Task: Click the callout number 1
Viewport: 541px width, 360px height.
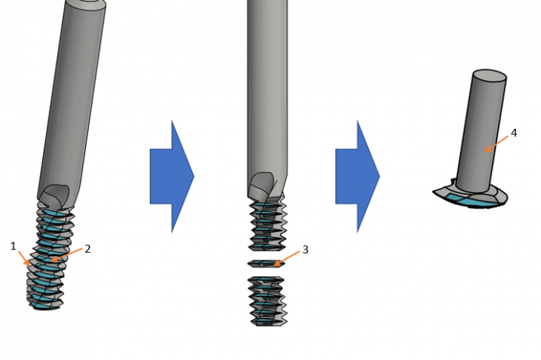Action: pos(13,246)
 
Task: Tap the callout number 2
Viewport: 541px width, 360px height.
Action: pos(87,249)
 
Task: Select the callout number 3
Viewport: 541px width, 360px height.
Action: pos(305,250)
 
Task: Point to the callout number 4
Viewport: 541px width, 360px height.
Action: pos(514,133)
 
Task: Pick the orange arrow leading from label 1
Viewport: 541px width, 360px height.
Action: pos(24,258)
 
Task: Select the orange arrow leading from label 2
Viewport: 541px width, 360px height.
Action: pos(67,254)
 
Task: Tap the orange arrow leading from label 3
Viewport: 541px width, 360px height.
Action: pos(286,259)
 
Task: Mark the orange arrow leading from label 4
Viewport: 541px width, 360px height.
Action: pos(497,144)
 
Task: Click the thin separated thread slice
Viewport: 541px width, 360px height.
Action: pos(266,264)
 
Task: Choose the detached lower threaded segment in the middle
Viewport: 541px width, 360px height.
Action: pos(268,301)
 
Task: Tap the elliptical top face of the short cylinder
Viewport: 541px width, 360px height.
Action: pos(489,76)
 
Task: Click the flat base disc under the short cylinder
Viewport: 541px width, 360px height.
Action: pos(471,197)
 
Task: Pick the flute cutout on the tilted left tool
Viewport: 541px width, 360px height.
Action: pos(53,196)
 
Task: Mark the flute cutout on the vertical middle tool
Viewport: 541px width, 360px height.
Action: pos(263,185)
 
